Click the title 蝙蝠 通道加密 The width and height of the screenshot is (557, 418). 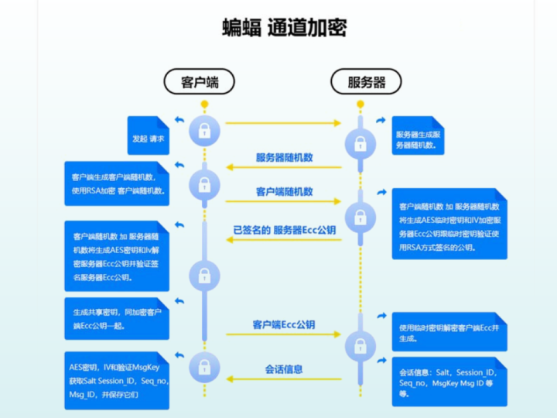(284, 28)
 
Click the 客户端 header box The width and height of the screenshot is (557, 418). (199, 82)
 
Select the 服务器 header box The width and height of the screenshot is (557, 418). (366, 82)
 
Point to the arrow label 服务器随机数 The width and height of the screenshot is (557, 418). (284, 157)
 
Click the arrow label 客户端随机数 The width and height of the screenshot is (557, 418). (284, 191)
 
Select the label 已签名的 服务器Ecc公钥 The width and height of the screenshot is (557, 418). (284, 230)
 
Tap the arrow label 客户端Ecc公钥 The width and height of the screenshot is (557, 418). (284, 325)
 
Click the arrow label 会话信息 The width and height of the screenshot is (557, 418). (284, 369)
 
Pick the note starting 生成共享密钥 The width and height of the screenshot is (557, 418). (117, 318)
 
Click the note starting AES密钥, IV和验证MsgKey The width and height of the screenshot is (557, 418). (117, 380)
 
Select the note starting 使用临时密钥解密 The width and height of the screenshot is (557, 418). (449, 332)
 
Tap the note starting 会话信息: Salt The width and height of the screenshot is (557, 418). (449, 382)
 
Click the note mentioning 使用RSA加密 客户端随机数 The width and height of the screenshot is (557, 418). (117, 183)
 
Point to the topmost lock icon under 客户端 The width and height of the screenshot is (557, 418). (204, 129)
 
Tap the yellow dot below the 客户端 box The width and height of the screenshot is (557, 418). (204, 103)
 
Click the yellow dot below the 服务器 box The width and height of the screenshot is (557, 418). (360, 103)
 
